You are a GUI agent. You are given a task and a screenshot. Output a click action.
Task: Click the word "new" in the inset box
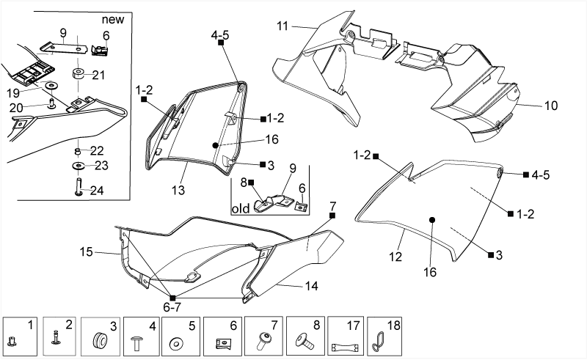tap(113, 19)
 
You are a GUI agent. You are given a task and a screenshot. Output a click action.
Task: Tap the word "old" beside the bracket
tap(241, 209)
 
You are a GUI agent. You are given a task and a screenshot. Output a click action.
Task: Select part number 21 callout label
tap(98, 76)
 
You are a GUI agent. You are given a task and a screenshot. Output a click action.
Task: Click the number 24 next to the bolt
tap(97, 191)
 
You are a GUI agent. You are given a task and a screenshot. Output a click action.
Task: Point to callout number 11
tap(282, 26)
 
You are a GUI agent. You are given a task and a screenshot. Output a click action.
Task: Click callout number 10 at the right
tap(551, 106)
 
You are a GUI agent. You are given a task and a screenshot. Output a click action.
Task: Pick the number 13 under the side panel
tap(178, 190)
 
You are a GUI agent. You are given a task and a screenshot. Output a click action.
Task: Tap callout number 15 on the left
tap(86, 251)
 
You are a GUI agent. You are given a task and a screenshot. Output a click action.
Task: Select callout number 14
tap(311, 286)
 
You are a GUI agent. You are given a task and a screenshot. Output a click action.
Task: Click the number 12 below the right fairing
tap(395, 257)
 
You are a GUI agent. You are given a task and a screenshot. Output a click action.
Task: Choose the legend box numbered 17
tap(346, 336)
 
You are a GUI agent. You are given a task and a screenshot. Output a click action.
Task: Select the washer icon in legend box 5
tap(175, 344)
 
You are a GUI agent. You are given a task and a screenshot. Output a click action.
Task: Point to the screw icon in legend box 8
tap(305, 341)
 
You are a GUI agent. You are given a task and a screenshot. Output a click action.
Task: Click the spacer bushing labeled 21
tap(78, 73)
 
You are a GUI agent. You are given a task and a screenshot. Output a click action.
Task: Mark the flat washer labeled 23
tap(79, 166)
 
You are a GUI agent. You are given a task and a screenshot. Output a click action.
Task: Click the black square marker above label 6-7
tap(172, 298)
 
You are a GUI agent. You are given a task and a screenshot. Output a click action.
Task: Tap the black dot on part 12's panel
tap(432, 220)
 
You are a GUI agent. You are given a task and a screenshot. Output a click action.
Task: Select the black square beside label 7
tap(332, 215)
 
